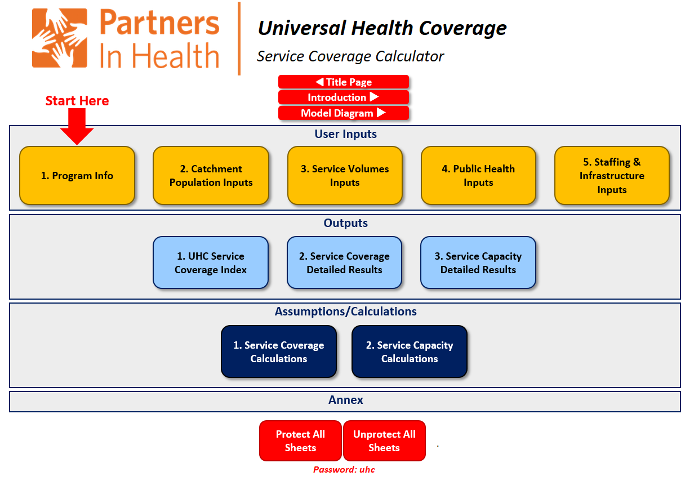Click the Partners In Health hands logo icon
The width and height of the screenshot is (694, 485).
pyautogui.click(x=60, y=38)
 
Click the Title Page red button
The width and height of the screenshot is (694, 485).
pyautogui.click(x=343, y=82)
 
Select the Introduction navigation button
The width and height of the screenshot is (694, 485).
pyautogui.click(x=343, y=97)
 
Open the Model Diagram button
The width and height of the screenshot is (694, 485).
pyautogui.click(x=343, y=113)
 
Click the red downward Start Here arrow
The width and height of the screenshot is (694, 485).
pyautogui.click(x=77, y=126)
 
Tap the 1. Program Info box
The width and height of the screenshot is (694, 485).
pyautogui.click(x=77, y=176)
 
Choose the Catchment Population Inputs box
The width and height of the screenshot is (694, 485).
pyautogui.click(x=211, y=176)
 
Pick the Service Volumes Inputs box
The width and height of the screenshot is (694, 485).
pyautogui.click(x=345, y=176)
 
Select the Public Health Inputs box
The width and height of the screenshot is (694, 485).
pyautogui.click(x=478, y=176)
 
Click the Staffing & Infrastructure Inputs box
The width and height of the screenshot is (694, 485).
pyautogui.click(x=612, y=176)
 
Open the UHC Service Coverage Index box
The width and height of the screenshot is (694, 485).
pyautogui.click(x=211, y=263)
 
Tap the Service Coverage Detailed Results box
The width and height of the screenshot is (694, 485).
pyautogui.click(x=344, y=263)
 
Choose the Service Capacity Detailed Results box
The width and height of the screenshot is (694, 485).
pyautogui.click(x=478, y=263)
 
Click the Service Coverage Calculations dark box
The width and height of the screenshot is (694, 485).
pyautogui.click(x=279, y=352)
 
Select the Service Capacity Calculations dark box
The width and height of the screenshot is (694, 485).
pyautogui.click(x=410, y=352)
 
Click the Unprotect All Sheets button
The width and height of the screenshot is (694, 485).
pyautogui.click(x=384, y=441)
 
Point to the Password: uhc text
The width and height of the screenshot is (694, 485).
pyautogui.click(x=344, y=470)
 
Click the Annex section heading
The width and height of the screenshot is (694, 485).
pyautogui.click(x=345, y=401)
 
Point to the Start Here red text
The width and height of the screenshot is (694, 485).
pyautogui.click(x=77, y=101)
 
